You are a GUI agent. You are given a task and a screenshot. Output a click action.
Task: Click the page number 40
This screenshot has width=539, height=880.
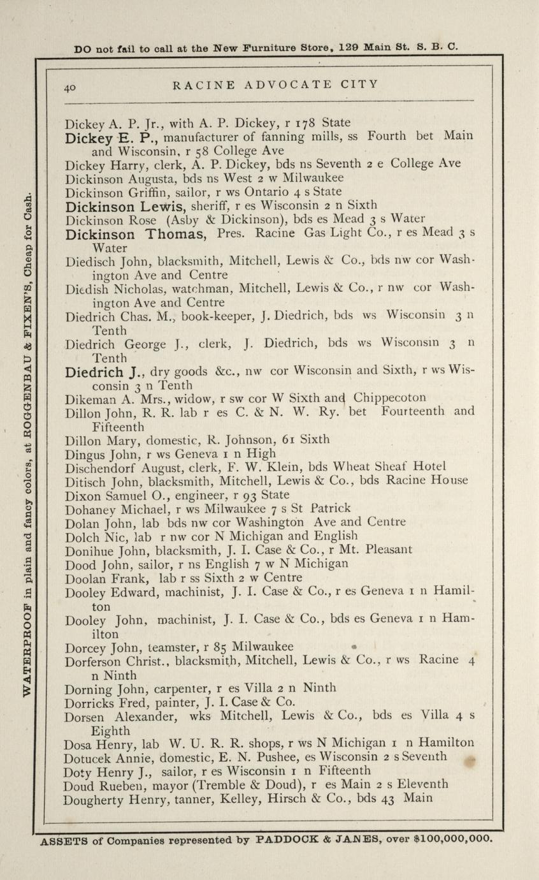click(x=70, y=89)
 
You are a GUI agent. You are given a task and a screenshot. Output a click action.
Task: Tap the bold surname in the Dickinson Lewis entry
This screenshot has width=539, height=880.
click(x=101, y=206)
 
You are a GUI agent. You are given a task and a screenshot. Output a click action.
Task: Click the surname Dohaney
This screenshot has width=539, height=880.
click(x=92, y=508)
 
